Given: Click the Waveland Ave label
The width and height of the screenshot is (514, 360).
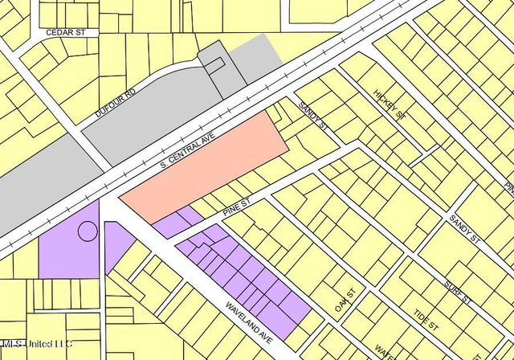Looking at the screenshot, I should [x=250, y=320].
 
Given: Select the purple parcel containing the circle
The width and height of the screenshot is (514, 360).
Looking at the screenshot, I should [x=64, y=249].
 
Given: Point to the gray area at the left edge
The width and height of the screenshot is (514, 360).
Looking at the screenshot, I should [x=32, y=193].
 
